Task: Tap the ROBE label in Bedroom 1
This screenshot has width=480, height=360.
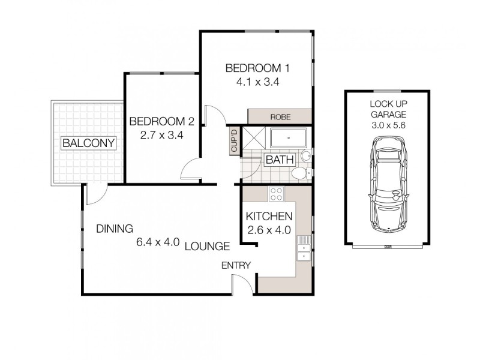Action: [280, 116]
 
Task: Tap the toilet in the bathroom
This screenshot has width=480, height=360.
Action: [298, 173]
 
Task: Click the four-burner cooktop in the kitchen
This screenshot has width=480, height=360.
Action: [277, 194]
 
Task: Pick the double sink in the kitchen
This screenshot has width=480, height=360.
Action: [304, 249]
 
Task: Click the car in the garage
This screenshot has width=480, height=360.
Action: [387, 184]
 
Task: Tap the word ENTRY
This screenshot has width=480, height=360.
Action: [236, 266]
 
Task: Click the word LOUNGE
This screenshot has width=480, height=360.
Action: [208, 246]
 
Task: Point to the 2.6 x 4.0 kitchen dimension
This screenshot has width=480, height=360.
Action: [269, 229]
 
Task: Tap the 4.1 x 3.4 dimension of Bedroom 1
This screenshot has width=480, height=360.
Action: [257, 82]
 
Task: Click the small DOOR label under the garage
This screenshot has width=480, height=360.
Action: [388, 247]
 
